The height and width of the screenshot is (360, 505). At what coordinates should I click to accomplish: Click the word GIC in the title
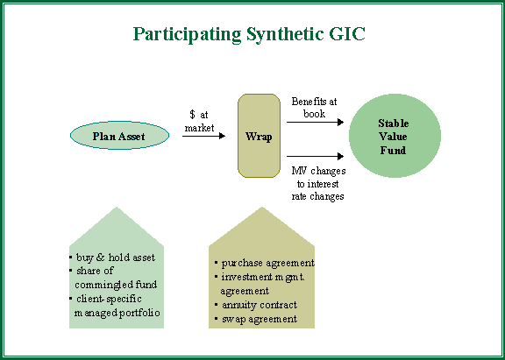pos(347,33)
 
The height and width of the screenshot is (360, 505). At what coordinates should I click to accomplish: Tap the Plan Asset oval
pos(119,136)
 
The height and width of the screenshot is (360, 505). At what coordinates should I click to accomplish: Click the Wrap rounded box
pos(259,136)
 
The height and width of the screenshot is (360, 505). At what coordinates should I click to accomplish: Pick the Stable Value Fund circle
pos(395,136)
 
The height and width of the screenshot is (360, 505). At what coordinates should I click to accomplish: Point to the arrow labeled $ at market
pos(204,136)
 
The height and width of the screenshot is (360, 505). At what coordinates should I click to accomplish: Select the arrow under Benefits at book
pos(316,123)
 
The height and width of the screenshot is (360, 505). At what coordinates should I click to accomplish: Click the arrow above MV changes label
pos(316,157)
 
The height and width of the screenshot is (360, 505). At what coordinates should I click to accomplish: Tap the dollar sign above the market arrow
pos(192,114)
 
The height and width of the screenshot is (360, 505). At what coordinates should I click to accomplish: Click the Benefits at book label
pos(314,108)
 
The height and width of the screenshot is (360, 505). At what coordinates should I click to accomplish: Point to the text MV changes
pos(318,171)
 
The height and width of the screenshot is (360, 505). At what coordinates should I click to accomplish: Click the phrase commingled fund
pos(116,285)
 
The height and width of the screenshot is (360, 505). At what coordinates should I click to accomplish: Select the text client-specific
pos(109,299)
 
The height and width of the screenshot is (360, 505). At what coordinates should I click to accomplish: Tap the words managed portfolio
pos(117,313)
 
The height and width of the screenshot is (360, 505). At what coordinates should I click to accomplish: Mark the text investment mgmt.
pos(263,277)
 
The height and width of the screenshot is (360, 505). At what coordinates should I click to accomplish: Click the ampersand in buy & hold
pos(100,258)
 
